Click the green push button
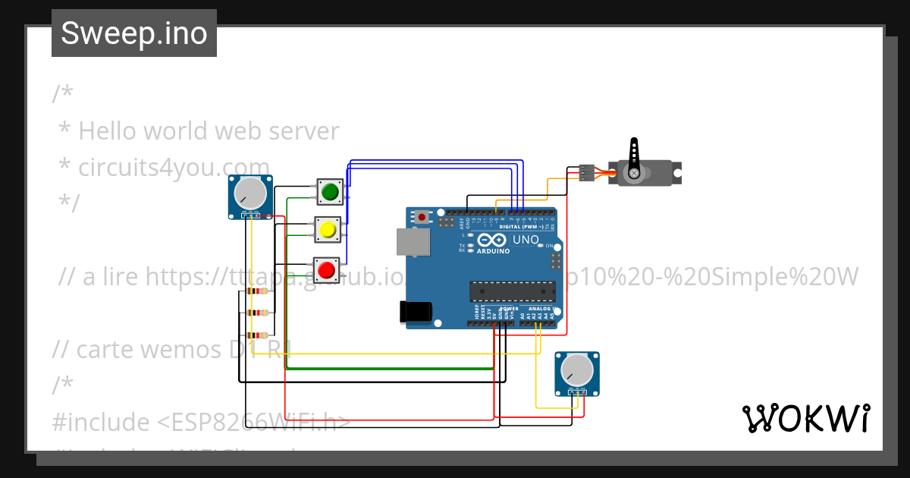[329, 193]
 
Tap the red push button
[327, 269]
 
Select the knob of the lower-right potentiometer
[576, 370]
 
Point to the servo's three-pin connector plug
[586, 173]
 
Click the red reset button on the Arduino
[423, 218]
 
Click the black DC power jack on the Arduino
[416, 311]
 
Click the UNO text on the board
[526, 240]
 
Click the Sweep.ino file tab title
[134, 33]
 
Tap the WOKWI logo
[805, 418]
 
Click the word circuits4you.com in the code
[174, 167]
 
